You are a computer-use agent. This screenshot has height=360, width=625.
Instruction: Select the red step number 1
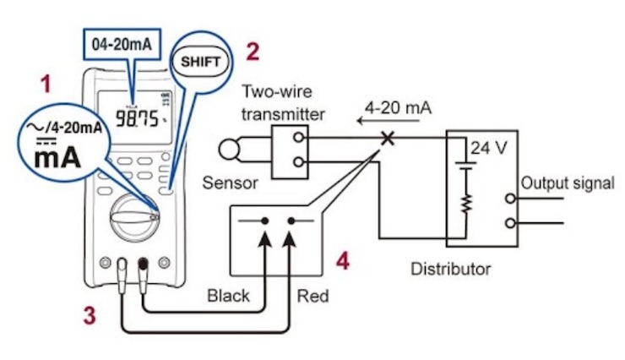(46, 84)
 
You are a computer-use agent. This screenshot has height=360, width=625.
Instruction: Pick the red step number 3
(88, 315)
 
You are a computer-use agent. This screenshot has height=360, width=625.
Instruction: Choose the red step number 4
(343, 262)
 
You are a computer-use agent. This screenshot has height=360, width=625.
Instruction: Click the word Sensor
(230, 183)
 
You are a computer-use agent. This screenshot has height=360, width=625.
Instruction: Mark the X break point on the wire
(389, 137)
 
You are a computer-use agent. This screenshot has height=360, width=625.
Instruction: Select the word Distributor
(450, 270)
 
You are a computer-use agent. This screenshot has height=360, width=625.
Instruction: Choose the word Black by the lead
(228, 296)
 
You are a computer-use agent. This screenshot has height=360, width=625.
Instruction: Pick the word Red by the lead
(312, 297)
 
